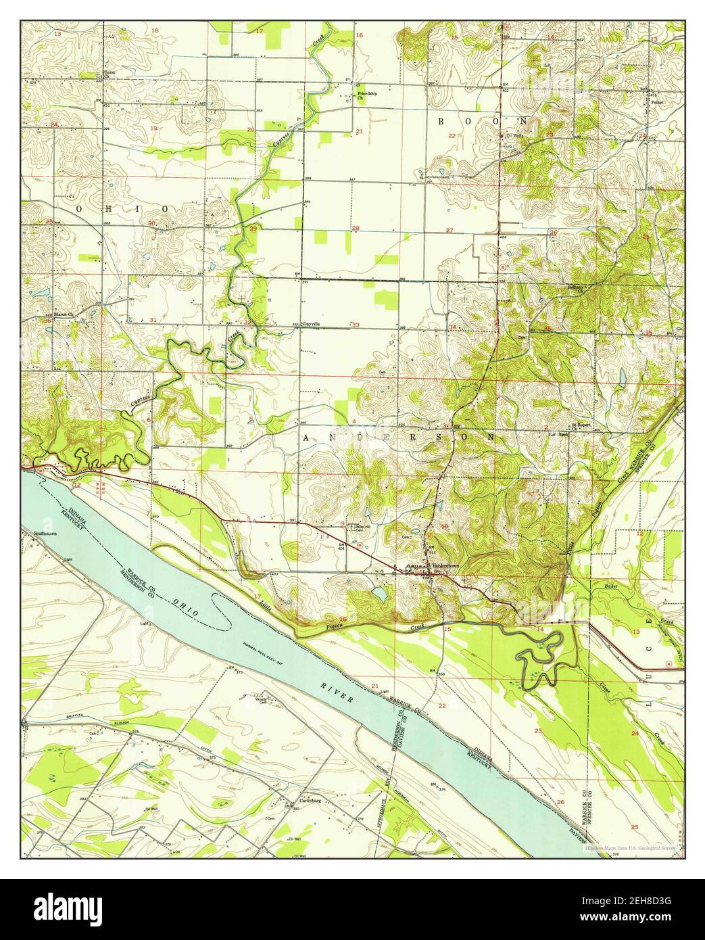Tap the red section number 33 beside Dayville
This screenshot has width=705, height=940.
point(356,325)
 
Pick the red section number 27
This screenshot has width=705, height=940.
point(449,231)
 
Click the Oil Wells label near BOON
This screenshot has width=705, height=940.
point(516,135)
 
